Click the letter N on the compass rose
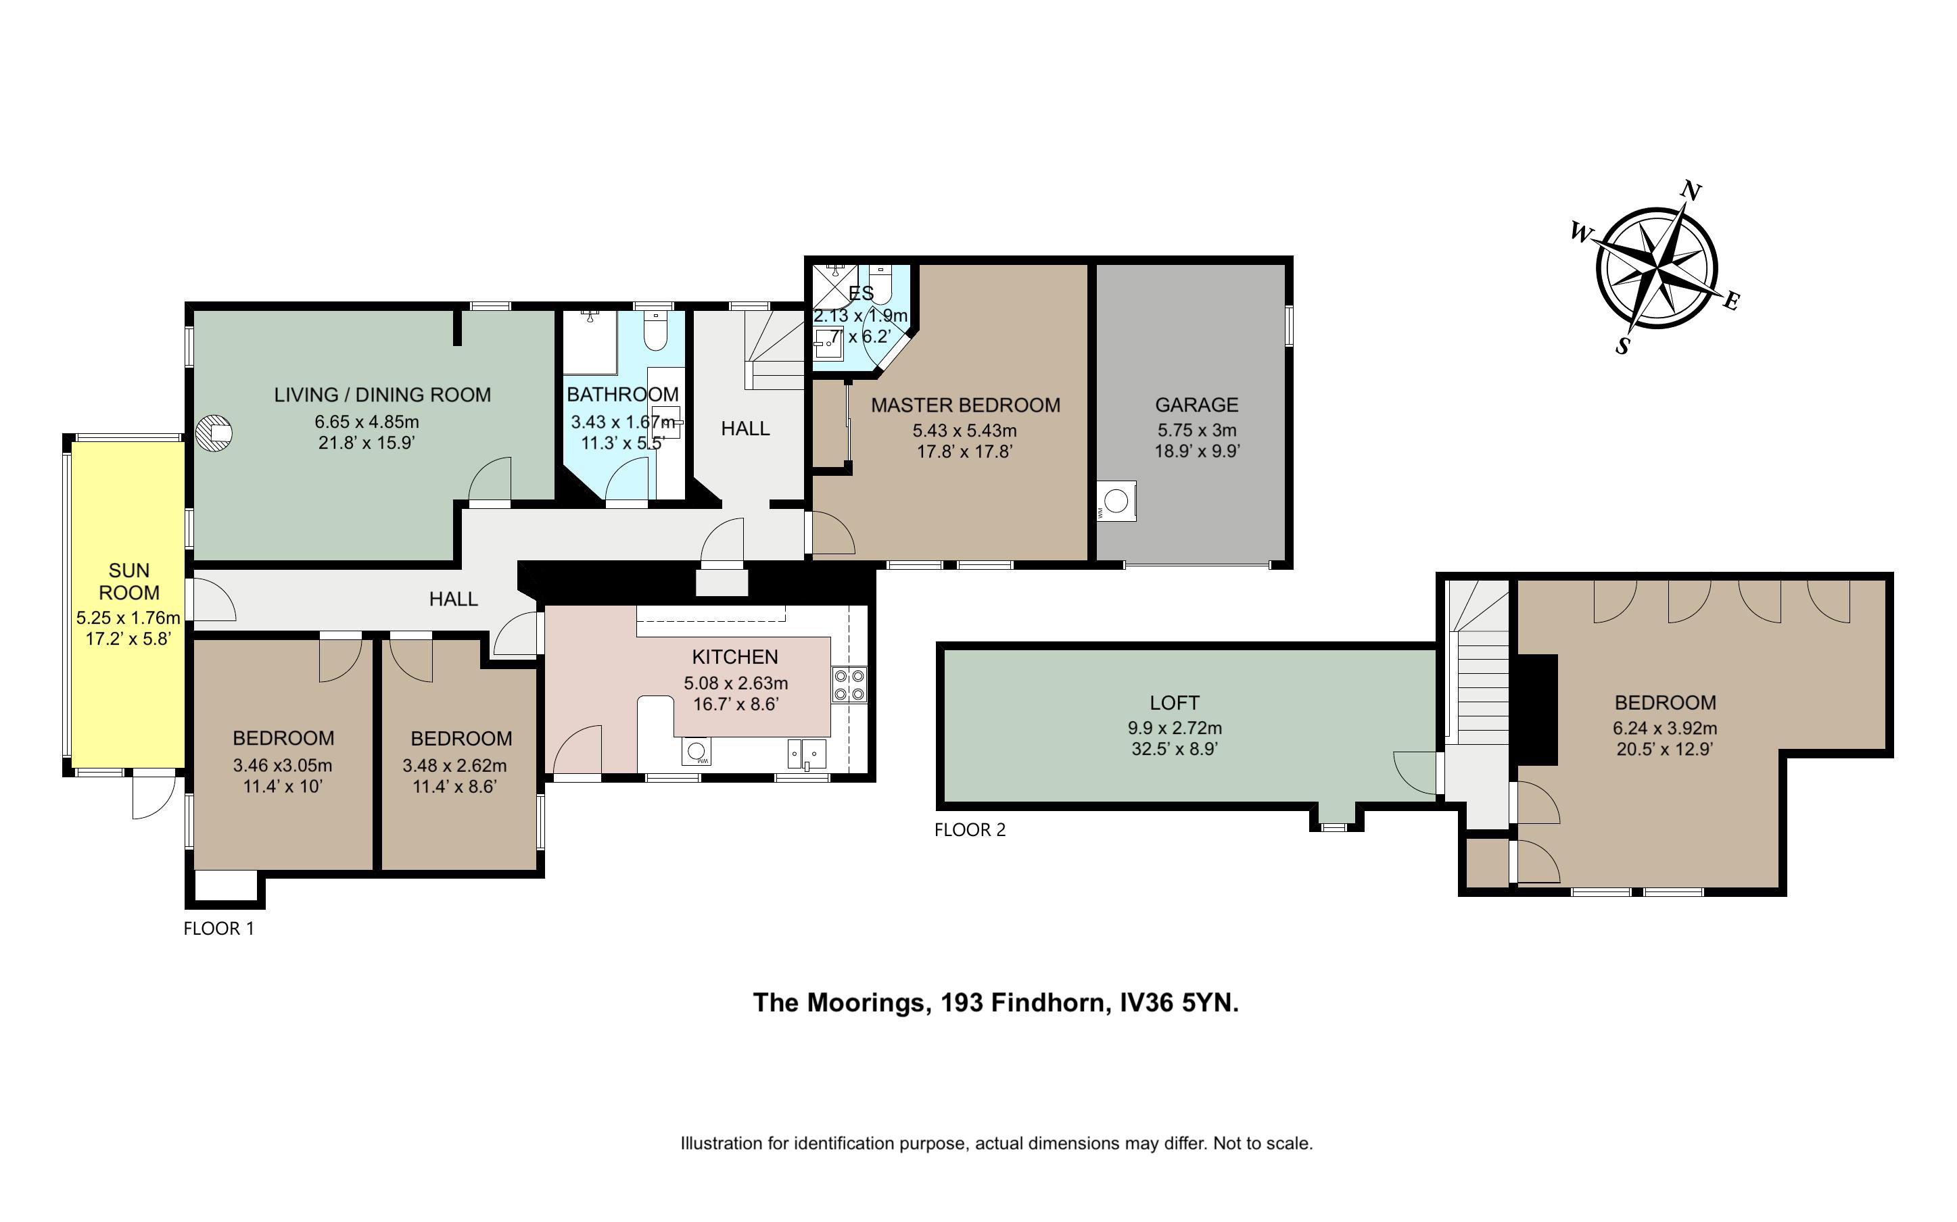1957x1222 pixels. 1691,190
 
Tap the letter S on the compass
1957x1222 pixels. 1622,346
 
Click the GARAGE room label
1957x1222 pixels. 1196,405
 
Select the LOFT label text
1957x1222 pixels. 1175,702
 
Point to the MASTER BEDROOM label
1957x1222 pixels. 965,405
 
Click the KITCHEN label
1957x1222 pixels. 735,657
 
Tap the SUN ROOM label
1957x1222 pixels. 129,581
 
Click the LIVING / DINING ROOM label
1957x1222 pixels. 382,395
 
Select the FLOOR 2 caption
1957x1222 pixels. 970,830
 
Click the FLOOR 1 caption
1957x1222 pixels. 219,929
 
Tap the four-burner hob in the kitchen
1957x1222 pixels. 849,684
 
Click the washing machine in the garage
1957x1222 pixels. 1116,501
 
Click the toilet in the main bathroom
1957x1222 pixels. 655,331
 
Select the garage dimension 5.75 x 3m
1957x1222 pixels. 1196,431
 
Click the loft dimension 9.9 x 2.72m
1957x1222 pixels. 1175,728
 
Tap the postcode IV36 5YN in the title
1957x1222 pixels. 1179,1003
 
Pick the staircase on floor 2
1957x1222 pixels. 1477,663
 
